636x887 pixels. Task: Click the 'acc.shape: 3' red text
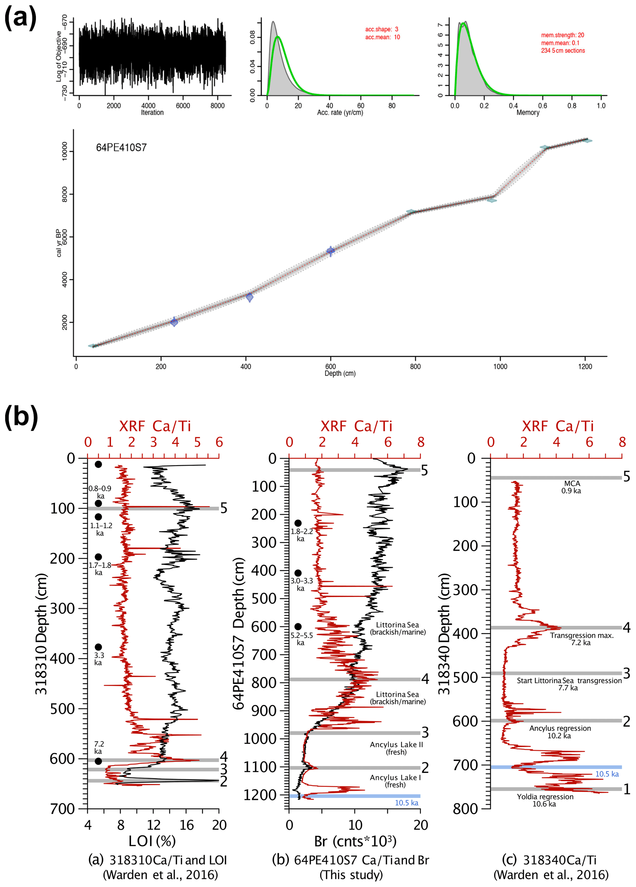(x=382, y=29)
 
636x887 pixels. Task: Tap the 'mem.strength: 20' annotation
(x=562, y=35)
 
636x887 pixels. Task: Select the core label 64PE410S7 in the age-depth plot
(x=121, y=148)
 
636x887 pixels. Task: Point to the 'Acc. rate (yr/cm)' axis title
(x=340, y=113)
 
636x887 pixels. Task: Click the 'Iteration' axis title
(x=152, y=113)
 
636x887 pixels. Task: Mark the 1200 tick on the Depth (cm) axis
(x=585, y=367)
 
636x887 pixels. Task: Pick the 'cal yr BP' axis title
(x=59, y=243)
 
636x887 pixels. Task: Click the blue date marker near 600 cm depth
(x=331, y=251)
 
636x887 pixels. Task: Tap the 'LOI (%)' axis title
(x=152, y=841)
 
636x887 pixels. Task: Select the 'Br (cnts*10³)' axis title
(x=355, y=841)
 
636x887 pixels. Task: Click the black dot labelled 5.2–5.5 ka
(x=298, y=627)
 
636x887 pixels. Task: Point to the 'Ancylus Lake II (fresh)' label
(x=396, y=748)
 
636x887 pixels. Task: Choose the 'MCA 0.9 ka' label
(x=571, y=487)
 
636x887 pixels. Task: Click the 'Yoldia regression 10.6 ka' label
(x=545, y=800)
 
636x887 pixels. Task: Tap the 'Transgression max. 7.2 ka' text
(x=582, y=639)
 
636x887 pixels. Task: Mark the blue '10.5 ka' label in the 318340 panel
(x=607, y=774)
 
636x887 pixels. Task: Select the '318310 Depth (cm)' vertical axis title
(x=42, y=634)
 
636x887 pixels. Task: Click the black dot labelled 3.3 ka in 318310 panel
(x=98, y=647)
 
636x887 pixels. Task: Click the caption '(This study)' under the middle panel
(x=351, y=875)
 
